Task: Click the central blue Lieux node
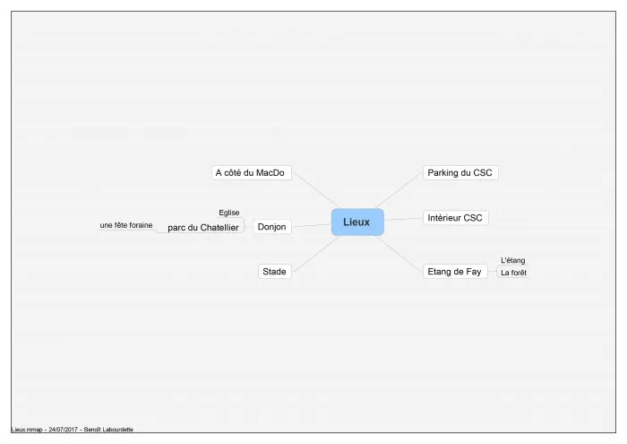(357, 222)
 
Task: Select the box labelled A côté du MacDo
(251, 172)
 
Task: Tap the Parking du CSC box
(460, 172)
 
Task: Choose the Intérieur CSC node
(455, 218)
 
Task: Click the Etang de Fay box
(455, 272)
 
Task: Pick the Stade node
(275, 272)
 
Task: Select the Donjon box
(272, 227)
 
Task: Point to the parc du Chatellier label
(203, 228)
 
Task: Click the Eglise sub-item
(229, 213)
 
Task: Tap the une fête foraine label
(126, 225)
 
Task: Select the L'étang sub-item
(513, 260)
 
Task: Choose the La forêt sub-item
(513, 273)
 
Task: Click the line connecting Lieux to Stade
(316, 254)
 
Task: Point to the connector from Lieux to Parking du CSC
(399, 190)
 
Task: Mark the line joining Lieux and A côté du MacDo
(316, 190)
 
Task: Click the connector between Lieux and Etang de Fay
(399, 254)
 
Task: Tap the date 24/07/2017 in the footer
(63, 430)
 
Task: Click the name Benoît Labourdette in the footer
(108, 430)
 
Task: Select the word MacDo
(271, 172)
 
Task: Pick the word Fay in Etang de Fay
(473, 272)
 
